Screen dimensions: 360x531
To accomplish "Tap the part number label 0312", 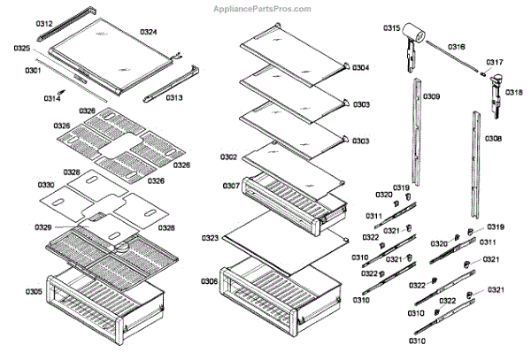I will click(19, 24).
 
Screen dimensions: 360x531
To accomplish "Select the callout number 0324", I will click(148, 32).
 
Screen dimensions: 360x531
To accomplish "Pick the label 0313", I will click(173, 97).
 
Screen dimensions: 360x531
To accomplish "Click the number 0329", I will click(43, 227).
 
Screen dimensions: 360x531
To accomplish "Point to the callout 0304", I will click(360, 68).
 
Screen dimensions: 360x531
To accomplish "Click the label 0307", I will click(230, 187).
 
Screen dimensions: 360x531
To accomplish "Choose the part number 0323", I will click(210, 239).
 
